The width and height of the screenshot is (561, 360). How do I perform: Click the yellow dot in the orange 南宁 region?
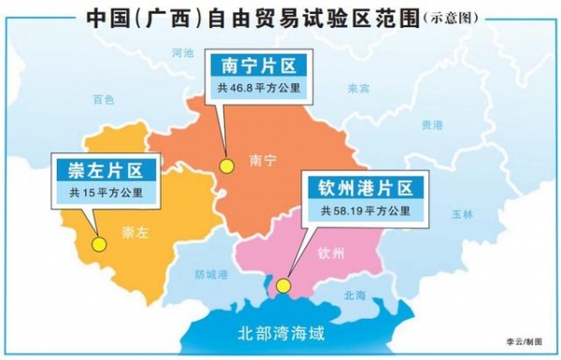click(x=225, y=166)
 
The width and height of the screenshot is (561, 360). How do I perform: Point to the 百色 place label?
click(x=103, y=99)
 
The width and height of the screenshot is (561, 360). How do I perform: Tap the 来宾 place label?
click(x=358, y=90)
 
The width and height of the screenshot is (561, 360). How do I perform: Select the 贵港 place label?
click(x=431, y=123)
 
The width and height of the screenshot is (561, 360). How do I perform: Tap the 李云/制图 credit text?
click(x=525, y=343)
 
